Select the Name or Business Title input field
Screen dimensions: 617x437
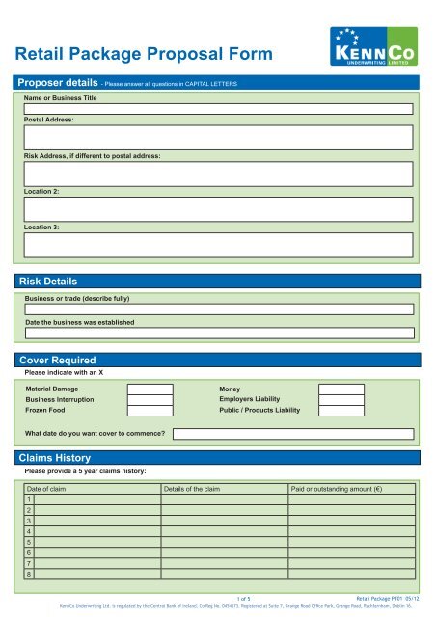[219, 109]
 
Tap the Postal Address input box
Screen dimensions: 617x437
[219, 137]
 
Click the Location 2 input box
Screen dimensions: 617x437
[219, 209]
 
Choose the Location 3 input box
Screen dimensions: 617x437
[219, 244]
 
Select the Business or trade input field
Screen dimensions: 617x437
[219, 309]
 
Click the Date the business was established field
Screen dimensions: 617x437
[219, 333]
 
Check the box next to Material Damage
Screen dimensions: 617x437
[150, 389]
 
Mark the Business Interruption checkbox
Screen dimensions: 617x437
[150, 399]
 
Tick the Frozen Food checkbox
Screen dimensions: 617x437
[150, 411]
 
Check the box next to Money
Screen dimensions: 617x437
[341, 389]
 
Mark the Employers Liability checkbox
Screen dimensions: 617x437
[341, 399]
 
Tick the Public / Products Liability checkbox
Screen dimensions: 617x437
[341, 411]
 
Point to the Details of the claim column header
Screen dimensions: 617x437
[193, 489]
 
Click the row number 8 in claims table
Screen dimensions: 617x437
[29, 575]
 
